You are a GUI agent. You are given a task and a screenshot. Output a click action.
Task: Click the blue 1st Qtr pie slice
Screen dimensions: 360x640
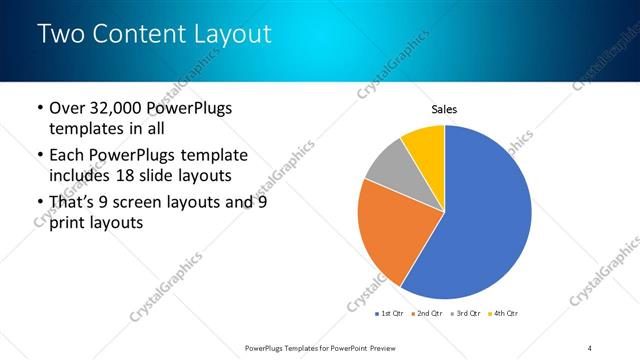coord(480,220)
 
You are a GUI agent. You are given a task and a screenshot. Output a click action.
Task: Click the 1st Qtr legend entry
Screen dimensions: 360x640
coord(388,314)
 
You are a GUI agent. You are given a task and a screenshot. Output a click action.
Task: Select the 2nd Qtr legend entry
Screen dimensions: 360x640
coord(429,314)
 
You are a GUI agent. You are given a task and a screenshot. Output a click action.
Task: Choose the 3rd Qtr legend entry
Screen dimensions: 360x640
coord(469,314)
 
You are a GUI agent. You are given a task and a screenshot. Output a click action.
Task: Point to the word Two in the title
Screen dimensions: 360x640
coord(60,34)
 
